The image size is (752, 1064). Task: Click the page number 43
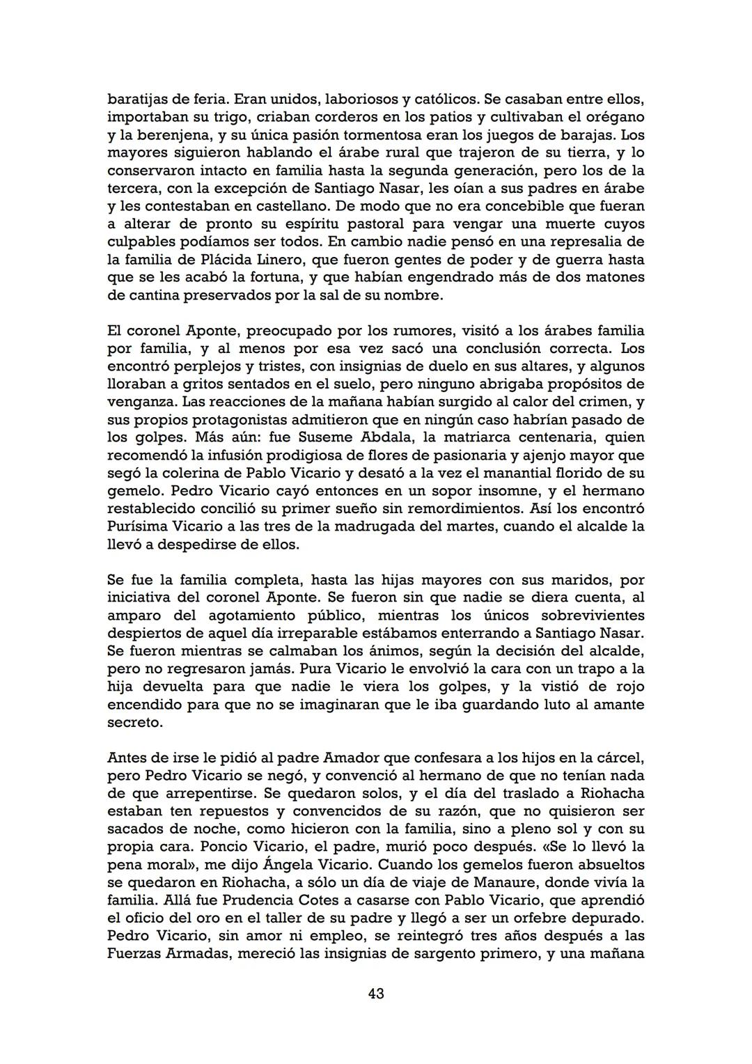(376, 993)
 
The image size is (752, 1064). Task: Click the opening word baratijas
(136, 100)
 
